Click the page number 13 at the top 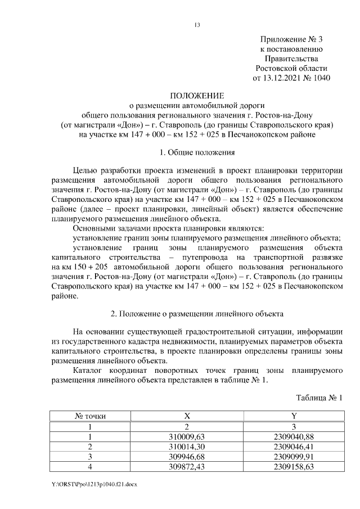[197, 24]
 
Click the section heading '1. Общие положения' [197, 152]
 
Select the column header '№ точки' [90, 416]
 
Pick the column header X [187, 416]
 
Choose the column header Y [294, 416]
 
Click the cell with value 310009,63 [187, 436]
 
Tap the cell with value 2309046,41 [294, 446]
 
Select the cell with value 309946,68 [187, 456]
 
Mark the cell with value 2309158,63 [294, 466]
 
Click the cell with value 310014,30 [187, 446]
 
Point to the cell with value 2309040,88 [294, 436]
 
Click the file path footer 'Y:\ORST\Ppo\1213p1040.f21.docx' [97, 483]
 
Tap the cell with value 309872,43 [187, 466]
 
